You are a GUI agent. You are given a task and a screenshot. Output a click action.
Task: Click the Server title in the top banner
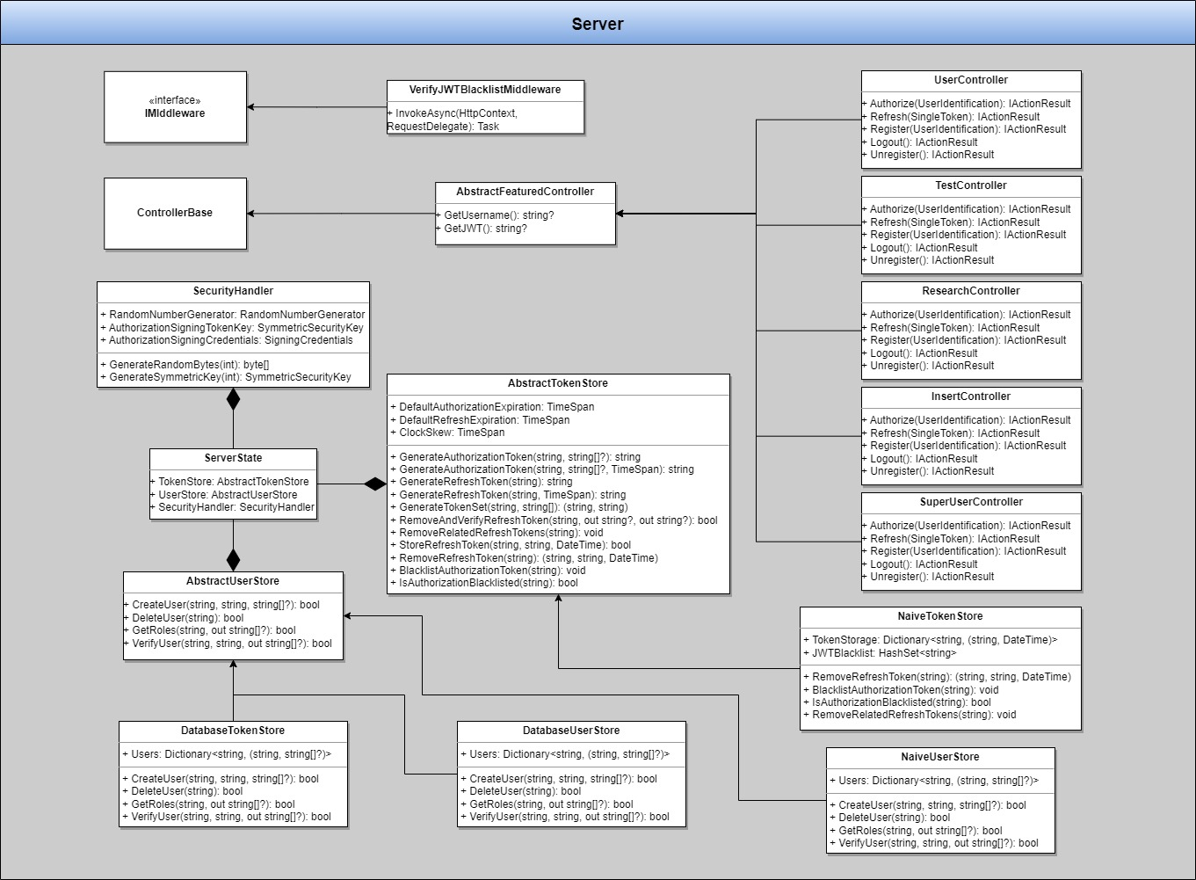coord(598,24)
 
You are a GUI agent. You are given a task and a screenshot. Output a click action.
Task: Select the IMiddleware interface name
coord(175,113)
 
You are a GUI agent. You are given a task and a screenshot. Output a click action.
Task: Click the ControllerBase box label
coord(175,213)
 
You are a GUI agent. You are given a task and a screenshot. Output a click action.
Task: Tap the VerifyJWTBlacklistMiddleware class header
coord(485,90)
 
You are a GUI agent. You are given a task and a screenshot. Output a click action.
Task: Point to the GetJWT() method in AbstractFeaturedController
coord(482,229)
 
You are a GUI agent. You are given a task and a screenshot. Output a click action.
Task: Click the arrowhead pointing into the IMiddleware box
coord(252,107)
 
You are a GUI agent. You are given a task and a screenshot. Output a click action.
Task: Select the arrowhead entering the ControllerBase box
coord(252,214)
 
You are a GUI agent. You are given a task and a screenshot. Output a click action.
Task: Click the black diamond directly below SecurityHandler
coord(233,399)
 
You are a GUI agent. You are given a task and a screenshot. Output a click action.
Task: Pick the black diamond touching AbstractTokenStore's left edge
coord(375,484)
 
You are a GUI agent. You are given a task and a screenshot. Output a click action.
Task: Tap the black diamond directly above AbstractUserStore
coord(233,559)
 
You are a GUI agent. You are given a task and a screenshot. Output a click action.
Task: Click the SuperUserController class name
coord(971,502)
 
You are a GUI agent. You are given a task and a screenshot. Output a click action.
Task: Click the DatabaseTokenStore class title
coord(233,731)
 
